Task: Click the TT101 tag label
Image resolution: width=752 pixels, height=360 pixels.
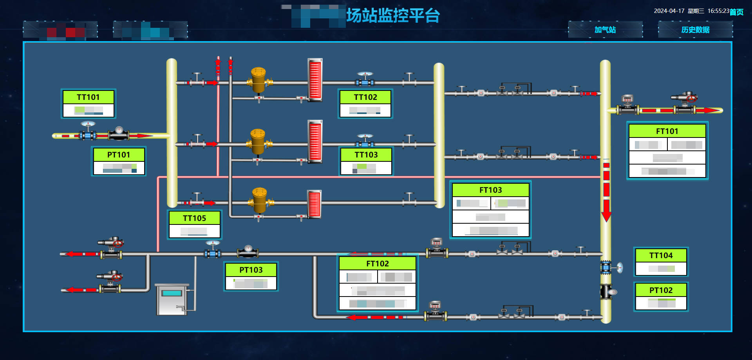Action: (x=88, y=97)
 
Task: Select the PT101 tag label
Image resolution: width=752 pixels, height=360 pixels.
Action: (x=119, y=155)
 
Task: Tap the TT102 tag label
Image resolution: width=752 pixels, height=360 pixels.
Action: (x=365, y=97)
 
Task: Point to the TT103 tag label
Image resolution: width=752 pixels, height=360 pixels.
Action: (x=366, y=155)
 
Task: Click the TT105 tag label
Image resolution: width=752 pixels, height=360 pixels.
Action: (x=194, y=218)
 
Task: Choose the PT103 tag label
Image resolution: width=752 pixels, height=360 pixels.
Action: (x=251, y=270)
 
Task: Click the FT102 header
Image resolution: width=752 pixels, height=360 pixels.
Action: (x=378, y=264)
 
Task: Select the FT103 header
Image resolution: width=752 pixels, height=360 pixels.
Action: (x=490, y=190)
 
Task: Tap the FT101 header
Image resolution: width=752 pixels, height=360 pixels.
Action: (x=667, y=131)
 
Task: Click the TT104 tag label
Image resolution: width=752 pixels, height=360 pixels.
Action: (x=661, y=255)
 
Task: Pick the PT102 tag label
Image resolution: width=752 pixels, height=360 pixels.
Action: (x=661, y=290)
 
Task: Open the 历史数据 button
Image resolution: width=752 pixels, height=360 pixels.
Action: (x=695, y=30)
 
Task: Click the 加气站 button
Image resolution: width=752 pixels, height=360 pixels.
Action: (x=605, y=30)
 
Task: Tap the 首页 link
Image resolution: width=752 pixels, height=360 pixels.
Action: (x=736, y=12)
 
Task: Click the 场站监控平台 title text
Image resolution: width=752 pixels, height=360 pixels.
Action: (x=393, y=16)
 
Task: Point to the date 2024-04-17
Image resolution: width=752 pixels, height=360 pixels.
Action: (x=669, y=11)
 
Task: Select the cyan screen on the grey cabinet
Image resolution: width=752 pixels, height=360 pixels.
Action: (x=172, y=293)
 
